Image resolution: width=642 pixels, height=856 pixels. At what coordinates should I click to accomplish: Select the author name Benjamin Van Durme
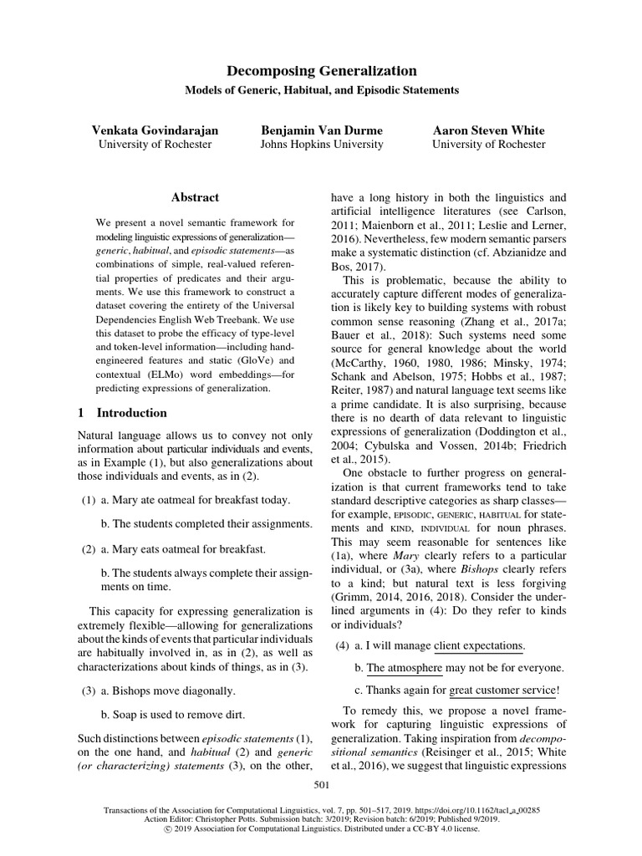click(x=322, y=130)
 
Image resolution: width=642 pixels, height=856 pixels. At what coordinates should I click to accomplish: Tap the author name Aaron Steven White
click(x=488, y=130)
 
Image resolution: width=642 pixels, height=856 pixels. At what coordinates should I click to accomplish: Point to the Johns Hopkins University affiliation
click(x=322, y=144)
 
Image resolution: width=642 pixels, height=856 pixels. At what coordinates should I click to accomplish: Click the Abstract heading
click(x=195, y=197)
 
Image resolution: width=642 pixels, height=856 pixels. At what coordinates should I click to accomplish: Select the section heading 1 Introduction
click(x=122, y=413)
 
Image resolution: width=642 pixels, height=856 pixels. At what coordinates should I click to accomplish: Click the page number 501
click(x=322, y=784)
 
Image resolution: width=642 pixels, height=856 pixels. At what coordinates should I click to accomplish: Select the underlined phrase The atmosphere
click(x=405, y=668)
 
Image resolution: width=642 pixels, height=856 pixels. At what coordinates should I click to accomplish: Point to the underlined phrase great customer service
click(x=502, y=690)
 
